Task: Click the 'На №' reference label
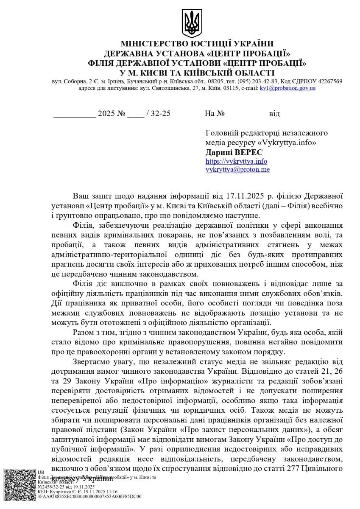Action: [x=214, y=114]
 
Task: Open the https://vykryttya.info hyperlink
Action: [x=236, y=161]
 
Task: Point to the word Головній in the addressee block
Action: [x=221, y=133]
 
